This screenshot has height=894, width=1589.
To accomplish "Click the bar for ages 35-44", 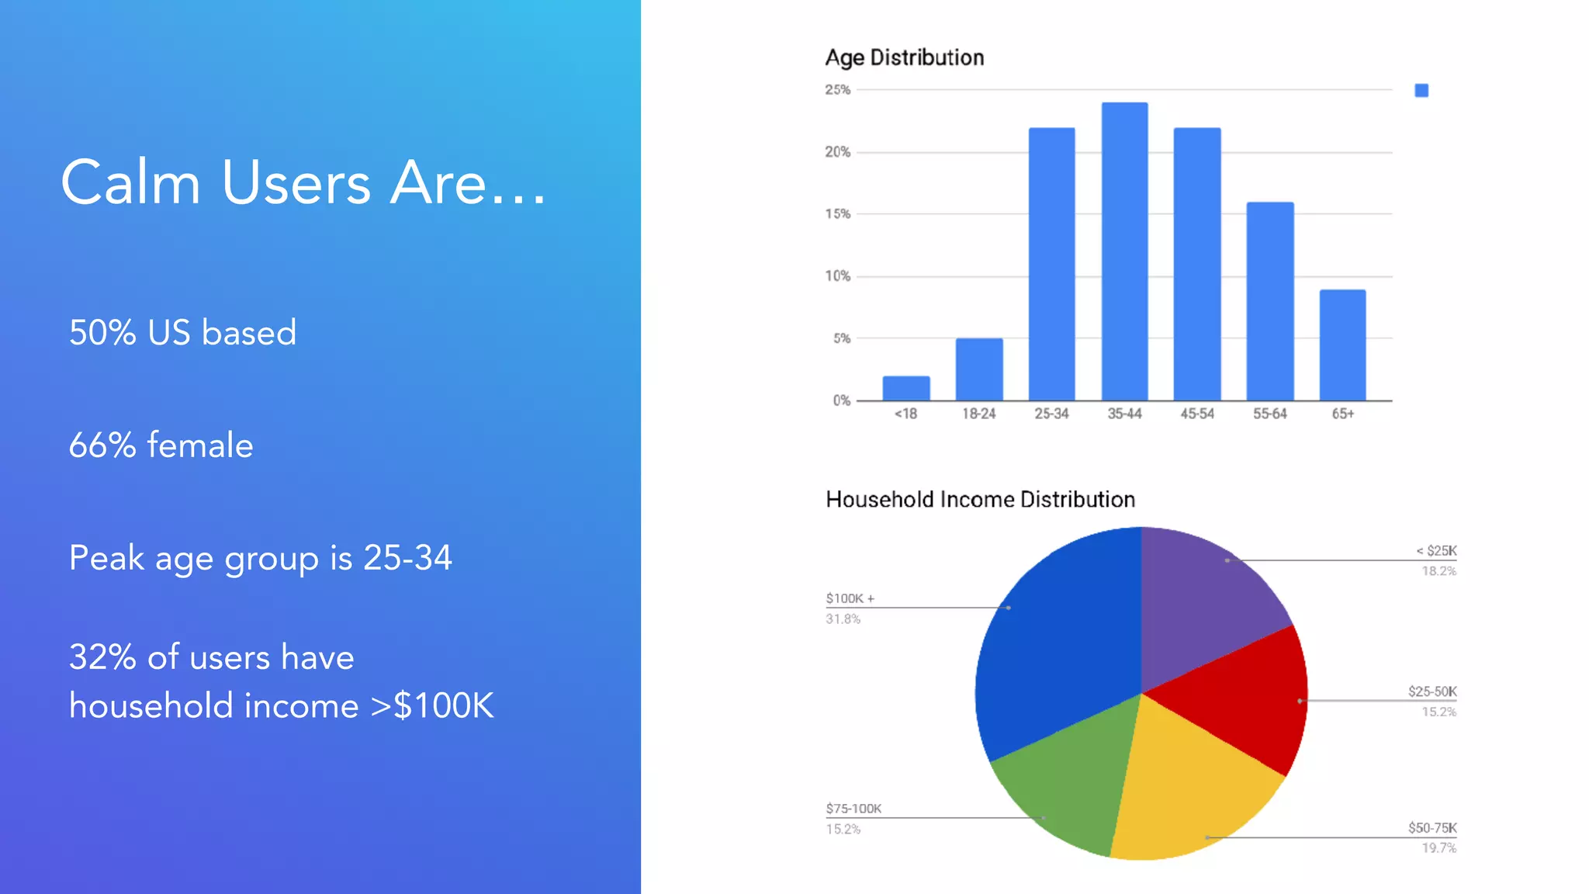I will tap(1124, 251).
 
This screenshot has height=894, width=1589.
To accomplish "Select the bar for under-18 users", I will tap(905, 388).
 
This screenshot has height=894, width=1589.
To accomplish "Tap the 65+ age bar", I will tap(1342, 345).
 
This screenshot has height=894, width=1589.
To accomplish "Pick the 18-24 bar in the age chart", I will tap(978, 369).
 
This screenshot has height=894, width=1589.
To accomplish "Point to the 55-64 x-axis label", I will tap(1269, 414).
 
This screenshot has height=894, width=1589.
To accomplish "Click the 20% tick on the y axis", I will tap(837, 152).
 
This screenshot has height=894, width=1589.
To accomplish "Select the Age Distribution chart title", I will tap(904, 57).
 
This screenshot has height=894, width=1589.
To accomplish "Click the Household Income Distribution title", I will tap(980, 499).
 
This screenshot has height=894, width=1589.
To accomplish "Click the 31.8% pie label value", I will tap(843, 619).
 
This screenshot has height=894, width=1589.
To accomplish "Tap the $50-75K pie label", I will tap(1432, 828).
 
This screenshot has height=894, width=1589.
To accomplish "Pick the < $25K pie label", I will tap(1436, 551).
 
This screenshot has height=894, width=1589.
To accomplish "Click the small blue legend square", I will tap(1421, 91).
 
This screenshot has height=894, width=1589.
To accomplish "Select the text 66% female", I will tap(161, 445).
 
